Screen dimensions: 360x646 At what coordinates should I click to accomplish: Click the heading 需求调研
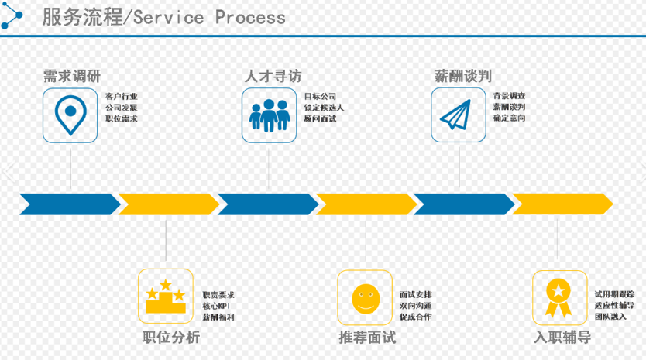pos(71,76)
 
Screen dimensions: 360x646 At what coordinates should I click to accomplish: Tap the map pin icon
pos(70,115)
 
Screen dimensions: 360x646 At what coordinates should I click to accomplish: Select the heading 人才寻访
pos(273,76)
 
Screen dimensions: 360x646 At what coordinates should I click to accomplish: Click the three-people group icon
pos(269,115)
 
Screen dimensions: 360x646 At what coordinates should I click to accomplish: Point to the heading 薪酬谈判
pos(463,76)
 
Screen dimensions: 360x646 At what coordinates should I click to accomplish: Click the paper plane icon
pos(458,115)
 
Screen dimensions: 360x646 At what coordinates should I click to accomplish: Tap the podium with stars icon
pos(165,297)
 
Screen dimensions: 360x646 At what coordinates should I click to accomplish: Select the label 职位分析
pos(171,338)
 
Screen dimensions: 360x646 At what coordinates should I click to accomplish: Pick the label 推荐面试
pos(367,338)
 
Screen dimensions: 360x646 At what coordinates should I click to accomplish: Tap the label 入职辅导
pos(562,338)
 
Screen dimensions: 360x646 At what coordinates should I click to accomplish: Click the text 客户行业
pos(121,97)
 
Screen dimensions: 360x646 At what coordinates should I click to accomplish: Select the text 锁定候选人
pos(324,108)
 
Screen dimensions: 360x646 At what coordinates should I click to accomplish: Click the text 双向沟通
pos(415,306)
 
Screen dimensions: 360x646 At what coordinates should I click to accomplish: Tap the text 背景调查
pos(509,97)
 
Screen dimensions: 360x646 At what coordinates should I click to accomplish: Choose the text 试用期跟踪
pos(614,295)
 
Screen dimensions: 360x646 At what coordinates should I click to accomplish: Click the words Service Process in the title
pos(209,17)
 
